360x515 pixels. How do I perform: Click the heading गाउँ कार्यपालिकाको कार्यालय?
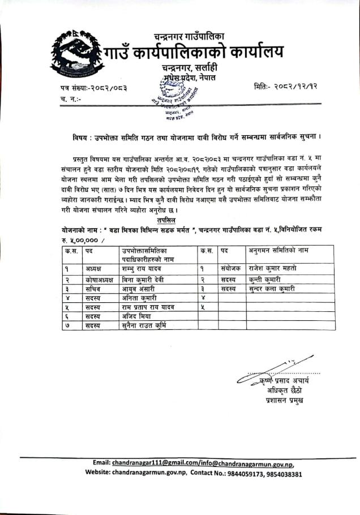point(193,54)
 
